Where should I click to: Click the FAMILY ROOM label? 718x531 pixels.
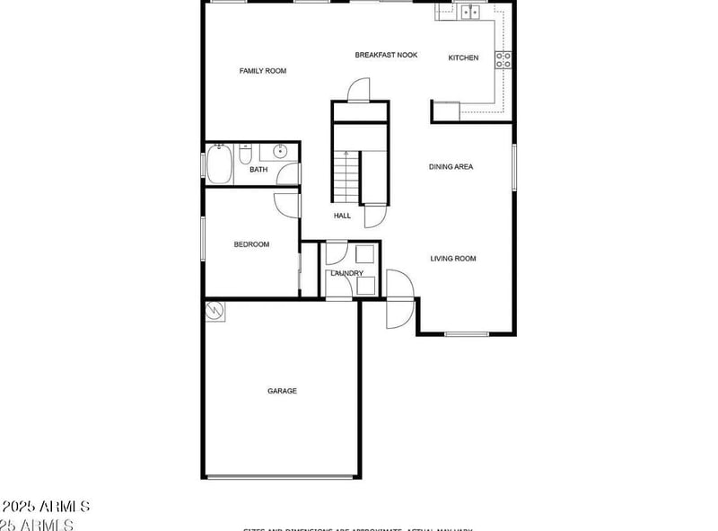click(x=262, y=71)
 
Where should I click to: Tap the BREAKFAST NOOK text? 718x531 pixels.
click(x=386, y=56)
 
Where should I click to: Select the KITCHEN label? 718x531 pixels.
click(x=463, y=58)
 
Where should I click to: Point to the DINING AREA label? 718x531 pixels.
click(x=451, y=167)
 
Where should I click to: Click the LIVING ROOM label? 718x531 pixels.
click(x=452, y=259)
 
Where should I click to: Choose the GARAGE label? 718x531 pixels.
click(x=282, y=391)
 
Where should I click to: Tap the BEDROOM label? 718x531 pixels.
click(x=251, y=244)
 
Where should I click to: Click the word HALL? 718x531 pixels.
click(x=342, y=216)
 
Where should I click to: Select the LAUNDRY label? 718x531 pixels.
click(x=346, y=273)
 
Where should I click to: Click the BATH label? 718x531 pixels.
click(x=258, y=170)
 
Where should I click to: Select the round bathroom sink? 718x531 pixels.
click(x=280, y=151)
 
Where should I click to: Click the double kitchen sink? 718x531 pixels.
click(x=469, y=12)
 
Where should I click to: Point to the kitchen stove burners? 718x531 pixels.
click(x=504, y=59)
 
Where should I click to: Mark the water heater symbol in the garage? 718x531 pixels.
click(x=215, y=311)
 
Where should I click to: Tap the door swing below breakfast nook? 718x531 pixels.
click(x=358, y=90)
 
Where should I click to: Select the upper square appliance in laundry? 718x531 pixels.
click(x=365, y=254)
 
